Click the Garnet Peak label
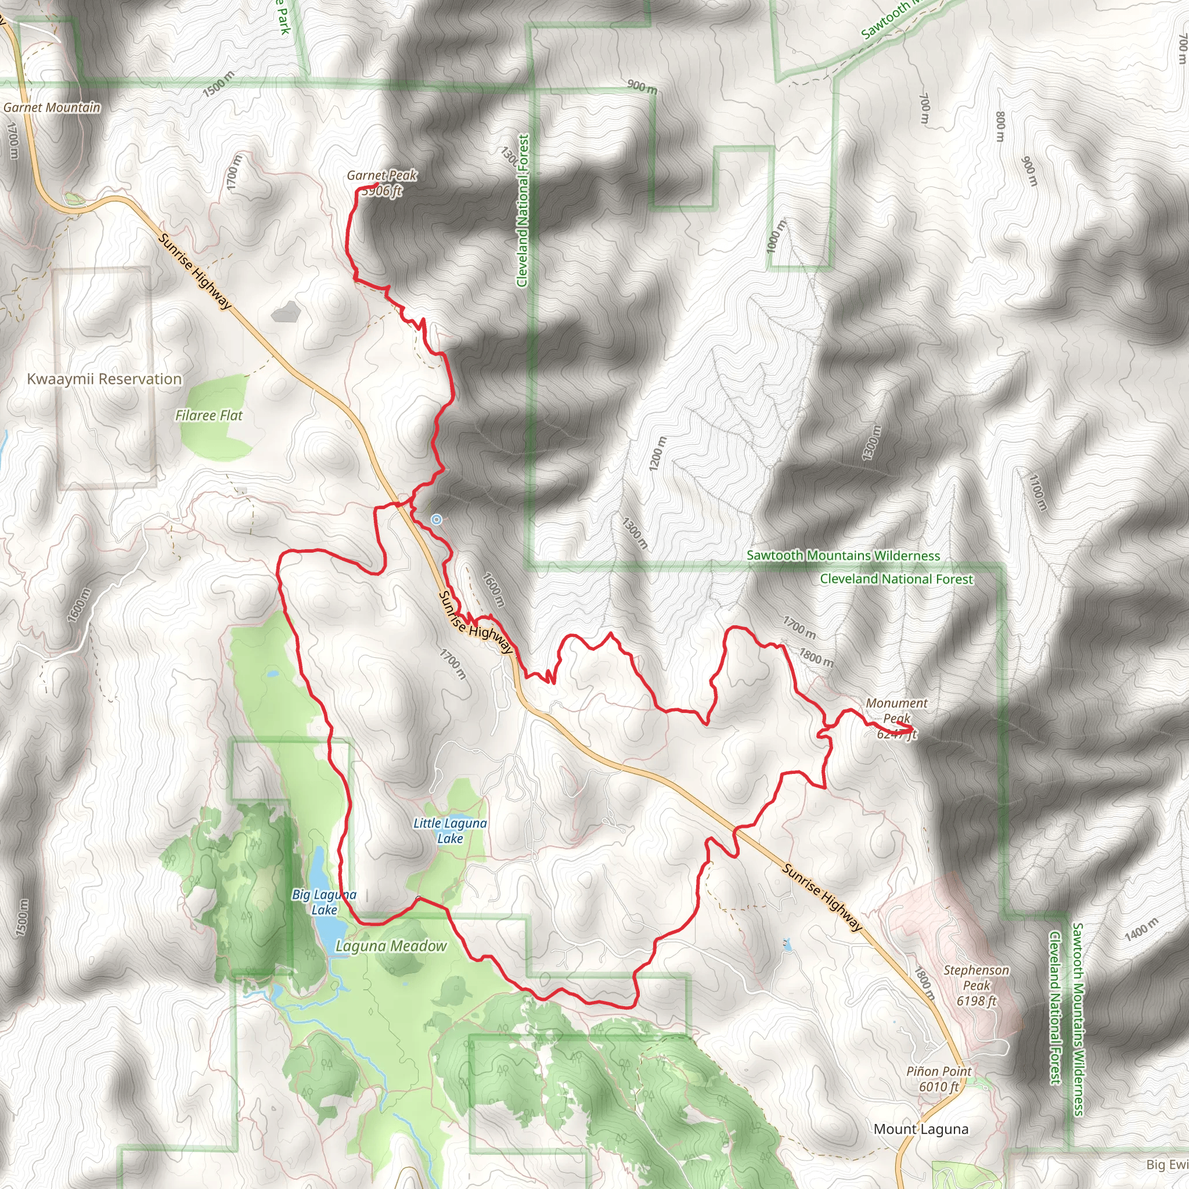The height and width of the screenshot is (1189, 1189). (x=381, y=176)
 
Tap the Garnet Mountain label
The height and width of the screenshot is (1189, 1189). (x=52, y=108)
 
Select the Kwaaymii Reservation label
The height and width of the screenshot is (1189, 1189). (x=105, y=379)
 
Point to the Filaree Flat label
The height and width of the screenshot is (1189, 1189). (x=208, y=416)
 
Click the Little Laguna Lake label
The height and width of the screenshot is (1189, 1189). (x=450, y=831)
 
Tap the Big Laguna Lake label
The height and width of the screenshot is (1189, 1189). (x=325, y=902)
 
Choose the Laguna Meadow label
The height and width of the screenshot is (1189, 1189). (x=391, y=946)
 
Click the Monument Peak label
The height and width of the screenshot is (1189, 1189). (x=896, y=711)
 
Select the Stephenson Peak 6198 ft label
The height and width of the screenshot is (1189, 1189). (x=976, y=985)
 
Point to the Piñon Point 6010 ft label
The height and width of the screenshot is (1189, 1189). (x=939, y=1079)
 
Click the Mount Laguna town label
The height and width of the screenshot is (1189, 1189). (x=921, y=1129)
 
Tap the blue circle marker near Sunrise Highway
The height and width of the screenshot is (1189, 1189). (x=437, y=520)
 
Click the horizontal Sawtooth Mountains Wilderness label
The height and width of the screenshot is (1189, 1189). (x=843, y=556)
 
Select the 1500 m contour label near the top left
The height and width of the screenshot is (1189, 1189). (x=218, y=84)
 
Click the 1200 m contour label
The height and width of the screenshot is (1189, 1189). (x=657, y=454)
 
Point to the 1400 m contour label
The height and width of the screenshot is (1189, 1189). (x=1141, y=929)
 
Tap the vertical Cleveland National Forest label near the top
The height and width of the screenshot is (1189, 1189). (x=523, y=211)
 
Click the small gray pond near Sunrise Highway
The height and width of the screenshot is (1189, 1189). (x=285, y=312)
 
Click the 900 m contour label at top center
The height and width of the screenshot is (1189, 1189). (x=642, y=87)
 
